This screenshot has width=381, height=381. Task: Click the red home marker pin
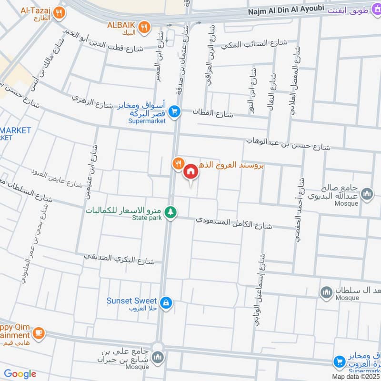(x=190, y=171)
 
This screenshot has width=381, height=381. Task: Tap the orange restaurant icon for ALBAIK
(x=143, y=27)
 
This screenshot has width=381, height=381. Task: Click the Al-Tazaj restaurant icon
(x=59, y=12)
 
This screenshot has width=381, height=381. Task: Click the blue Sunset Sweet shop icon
(x=166, y=302)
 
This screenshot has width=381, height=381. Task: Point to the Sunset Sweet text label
(x=132, y=301)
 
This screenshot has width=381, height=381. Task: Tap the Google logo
(x=20, y=374)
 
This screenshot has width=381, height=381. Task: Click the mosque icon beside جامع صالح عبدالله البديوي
(x=367, y=194)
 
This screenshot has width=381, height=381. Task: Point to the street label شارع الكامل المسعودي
(x=234, y=222)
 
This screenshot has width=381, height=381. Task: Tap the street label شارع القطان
(x=212, y=112)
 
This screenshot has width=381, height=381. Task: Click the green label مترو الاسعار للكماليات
(x=125, y=210)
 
